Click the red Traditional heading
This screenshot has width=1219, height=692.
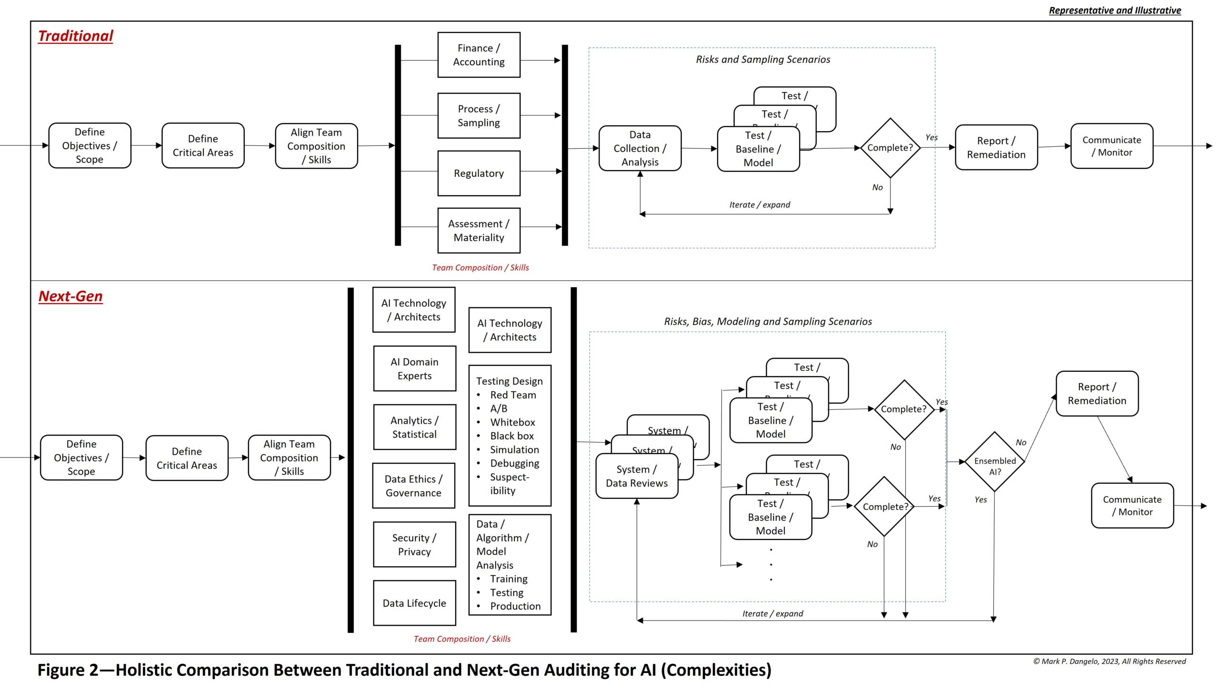76,36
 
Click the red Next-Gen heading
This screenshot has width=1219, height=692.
70,296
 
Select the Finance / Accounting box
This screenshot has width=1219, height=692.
479,55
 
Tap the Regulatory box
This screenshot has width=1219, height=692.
479,173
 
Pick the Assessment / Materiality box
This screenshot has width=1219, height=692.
479,230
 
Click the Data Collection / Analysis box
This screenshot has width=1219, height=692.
639,148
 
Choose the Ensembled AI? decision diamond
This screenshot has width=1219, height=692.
994,461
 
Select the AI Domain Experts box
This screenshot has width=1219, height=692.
414,368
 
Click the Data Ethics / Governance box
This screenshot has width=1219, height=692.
413,486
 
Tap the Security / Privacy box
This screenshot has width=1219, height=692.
414,544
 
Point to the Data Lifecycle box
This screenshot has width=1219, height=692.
414,603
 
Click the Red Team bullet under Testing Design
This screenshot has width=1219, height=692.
513,395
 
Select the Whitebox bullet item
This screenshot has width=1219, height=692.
512,422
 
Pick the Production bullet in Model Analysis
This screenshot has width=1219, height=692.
515,606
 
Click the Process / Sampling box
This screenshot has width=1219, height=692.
479,115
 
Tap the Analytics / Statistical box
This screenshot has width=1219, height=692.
414,427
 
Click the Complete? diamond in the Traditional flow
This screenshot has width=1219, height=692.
889,148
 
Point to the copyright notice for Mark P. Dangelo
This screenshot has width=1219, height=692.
1109,661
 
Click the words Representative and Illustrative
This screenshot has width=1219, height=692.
1115,10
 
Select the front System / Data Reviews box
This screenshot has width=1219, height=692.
637,476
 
